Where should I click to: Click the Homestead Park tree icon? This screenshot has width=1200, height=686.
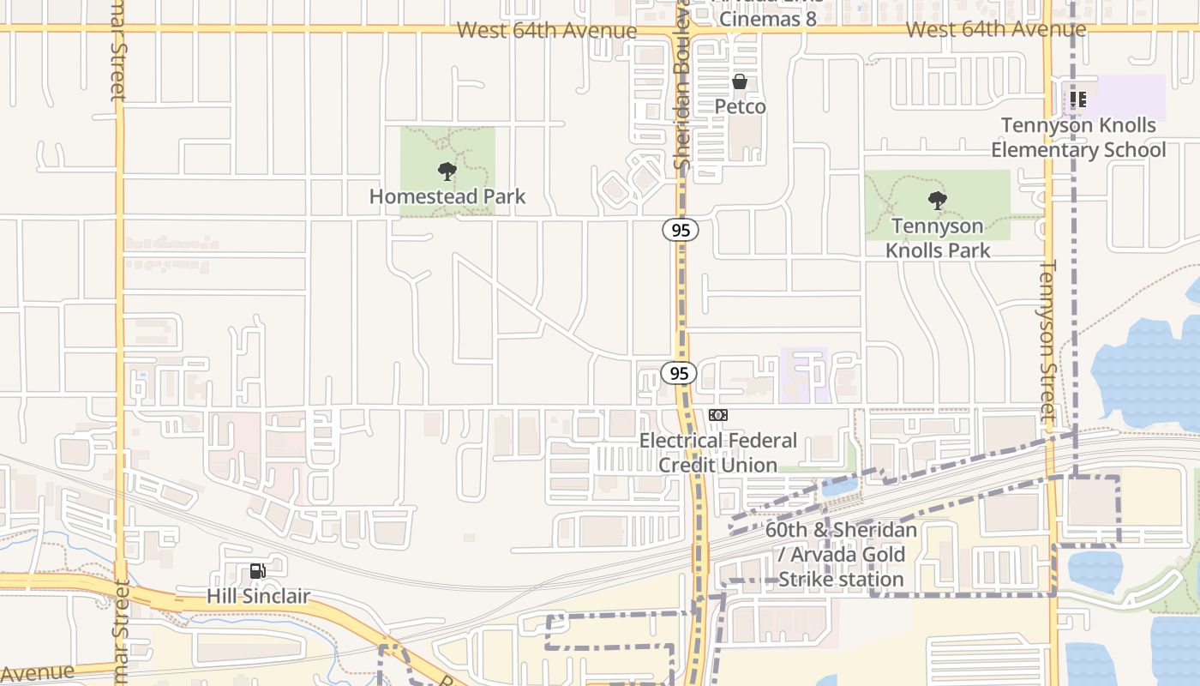447,171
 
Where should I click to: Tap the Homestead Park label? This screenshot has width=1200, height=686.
447,196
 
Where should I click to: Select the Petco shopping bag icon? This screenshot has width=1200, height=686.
740,82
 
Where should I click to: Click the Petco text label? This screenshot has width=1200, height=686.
740,107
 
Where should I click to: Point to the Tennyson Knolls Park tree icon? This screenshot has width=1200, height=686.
938,201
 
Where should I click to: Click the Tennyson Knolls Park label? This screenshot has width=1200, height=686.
938,238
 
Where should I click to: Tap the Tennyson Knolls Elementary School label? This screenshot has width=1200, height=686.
1078,138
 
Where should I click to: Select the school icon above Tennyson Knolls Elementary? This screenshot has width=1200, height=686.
1078,99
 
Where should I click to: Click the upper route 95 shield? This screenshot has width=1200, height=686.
680,230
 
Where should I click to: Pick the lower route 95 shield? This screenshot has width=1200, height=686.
679,373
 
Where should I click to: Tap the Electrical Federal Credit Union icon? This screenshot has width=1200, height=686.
718,415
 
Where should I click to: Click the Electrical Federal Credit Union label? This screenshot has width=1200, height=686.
718,453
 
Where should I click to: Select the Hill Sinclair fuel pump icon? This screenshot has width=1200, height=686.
257,570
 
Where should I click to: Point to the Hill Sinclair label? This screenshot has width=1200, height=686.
258,595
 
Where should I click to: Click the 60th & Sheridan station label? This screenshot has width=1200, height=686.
841,555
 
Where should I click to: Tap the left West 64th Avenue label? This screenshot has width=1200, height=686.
546,31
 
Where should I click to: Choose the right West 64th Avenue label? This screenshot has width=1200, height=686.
995,30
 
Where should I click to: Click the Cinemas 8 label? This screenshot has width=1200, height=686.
767,17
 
